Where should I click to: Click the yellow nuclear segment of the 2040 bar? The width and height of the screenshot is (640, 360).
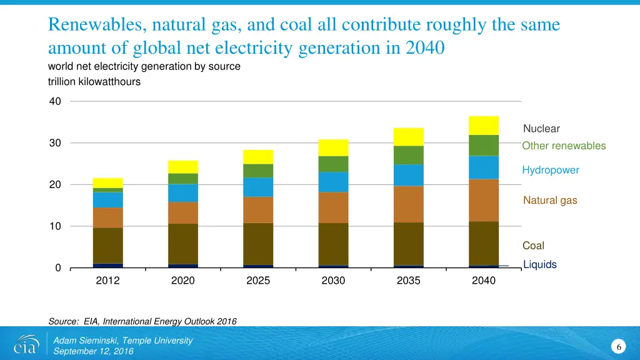point(484,126)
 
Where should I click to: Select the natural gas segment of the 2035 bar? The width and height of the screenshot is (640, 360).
point(409,204)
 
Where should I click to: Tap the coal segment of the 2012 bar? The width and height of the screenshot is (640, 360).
point(107,245)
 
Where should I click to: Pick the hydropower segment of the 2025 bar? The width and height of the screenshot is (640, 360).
point(258,187)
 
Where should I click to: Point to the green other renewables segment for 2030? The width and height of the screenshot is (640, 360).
point(333,164)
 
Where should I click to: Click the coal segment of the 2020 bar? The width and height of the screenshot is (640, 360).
point(183,244)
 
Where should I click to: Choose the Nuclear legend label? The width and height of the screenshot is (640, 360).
point(541,129)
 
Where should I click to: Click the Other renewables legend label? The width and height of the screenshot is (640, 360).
point(564,146)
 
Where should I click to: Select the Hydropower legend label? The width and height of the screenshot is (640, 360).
point(551,170)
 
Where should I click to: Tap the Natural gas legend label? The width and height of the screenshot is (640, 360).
point(550,201)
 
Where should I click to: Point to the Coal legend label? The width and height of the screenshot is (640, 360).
point(533,246)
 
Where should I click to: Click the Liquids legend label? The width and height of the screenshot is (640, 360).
point(539,265)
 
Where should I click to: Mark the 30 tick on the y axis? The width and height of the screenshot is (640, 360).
point(56,143)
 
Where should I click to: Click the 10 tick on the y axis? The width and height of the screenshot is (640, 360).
point(56,226)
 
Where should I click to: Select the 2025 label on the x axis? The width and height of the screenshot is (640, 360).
point(258,281)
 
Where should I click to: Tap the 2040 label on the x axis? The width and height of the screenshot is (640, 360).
point(484,281)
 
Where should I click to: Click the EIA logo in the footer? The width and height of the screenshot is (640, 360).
point(26,344)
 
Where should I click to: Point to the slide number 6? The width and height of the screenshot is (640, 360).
point(617,347)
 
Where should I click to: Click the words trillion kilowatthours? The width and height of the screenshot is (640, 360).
point(94,82)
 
